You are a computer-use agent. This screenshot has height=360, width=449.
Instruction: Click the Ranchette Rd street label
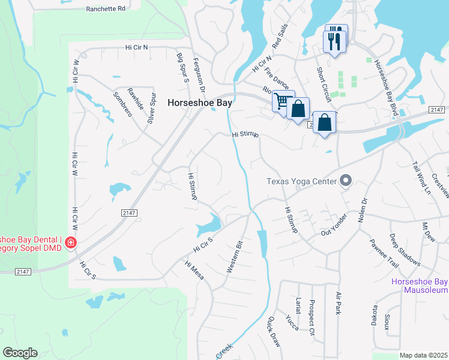pyautogui.click(x=106, y=9)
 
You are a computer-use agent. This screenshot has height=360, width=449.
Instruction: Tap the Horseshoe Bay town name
pyautogui.click(x=199, y=103)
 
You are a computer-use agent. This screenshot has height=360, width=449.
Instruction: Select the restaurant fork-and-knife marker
pyautogui.click(x=335, y=40)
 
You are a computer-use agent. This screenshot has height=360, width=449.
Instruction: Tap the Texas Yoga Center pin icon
pyautogui.click(x=345, y=180)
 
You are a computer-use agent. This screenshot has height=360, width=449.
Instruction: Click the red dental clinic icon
pyautogui.click(x=71, y=243)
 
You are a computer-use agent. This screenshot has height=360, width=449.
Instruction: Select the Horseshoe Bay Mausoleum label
pyautogui.click(x=420, y=286)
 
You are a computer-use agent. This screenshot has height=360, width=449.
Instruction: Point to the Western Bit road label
pyautogui.click(x=234, y=257)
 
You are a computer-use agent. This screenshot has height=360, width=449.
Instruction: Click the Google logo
pyautogui.click(x=20, y=353)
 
